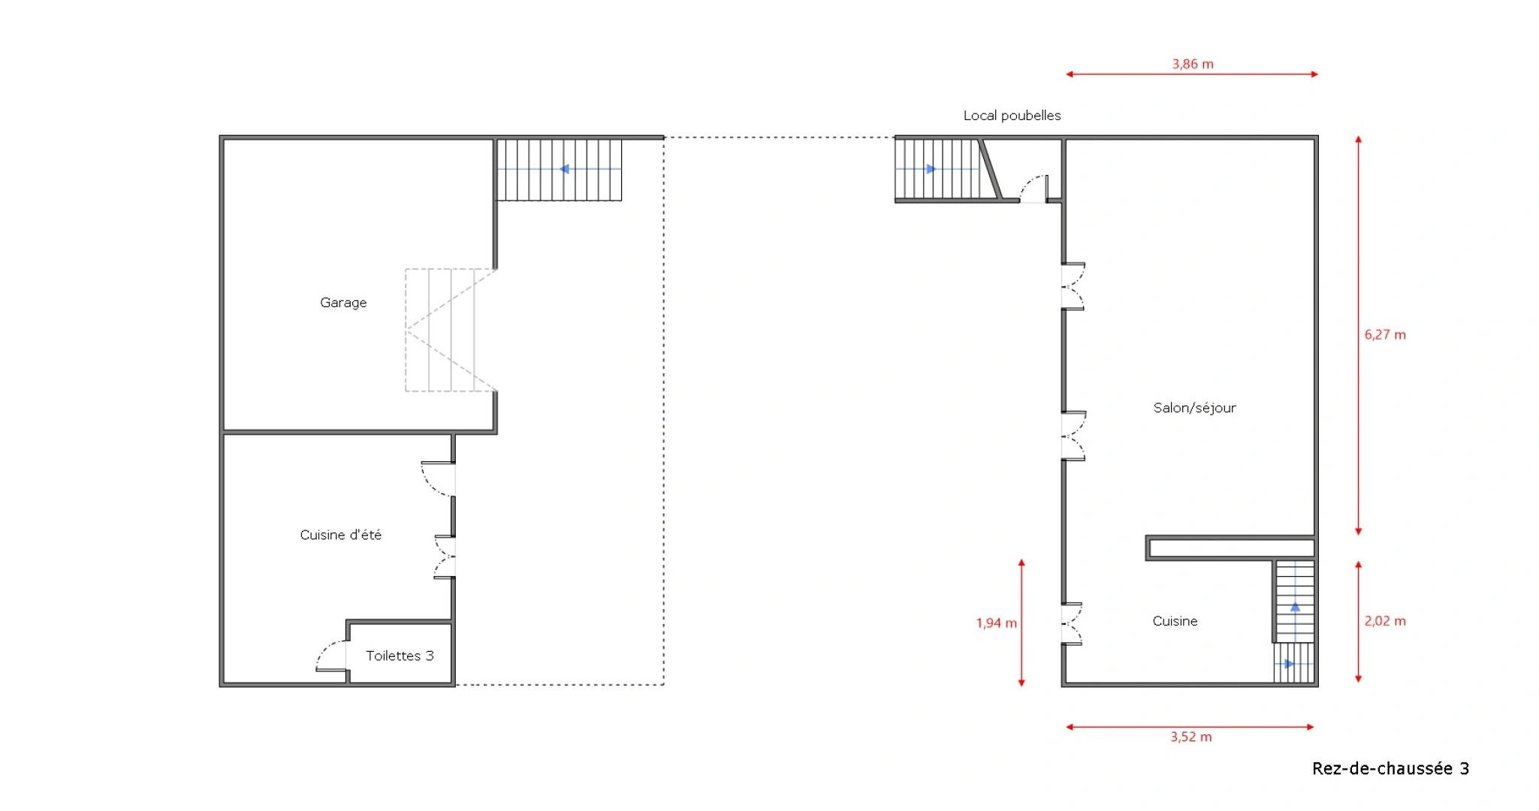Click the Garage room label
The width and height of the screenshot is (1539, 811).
point(343,303)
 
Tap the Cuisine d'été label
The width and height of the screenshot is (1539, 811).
point(341,535)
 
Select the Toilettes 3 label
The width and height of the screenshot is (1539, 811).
point(400,656)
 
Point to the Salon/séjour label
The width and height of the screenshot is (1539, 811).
point(1194,408)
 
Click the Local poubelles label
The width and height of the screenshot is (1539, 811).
point(1012,116)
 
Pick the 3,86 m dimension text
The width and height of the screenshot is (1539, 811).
point(1193,65)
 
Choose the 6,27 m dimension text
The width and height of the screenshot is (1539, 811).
point(1385,335)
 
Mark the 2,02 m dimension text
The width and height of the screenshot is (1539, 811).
point(1385,621)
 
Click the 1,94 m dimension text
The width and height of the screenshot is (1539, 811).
point(996,623)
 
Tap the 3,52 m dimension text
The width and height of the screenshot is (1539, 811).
point(1191,737)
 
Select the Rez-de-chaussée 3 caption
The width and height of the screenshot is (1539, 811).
point(1390,768)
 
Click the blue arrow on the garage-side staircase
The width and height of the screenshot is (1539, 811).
point(564,169)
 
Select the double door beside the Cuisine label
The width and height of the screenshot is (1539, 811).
point(1073,623)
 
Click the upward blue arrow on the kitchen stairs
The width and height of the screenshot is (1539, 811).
point(1295,607)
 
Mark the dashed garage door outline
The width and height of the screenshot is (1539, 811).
point(451,330)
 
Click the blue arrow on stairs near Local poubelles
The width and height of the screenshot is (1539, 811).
point(931,169)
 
